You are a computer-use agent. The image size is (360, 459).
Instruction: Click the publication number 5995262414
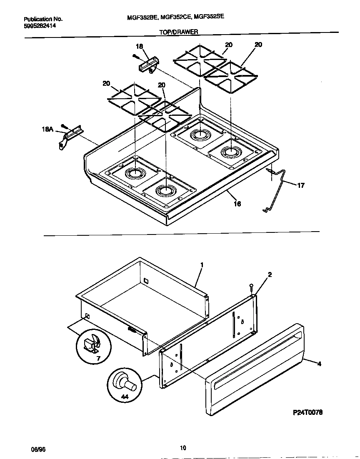pyautogui.click(x=40, y=25)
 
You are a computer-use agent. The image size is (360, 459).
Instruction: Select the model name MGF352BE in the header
pyautogui.click(x=142, y=18)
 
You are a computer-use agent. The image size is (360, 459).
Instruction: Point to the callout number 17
pyautogui.click(x=300, y=185)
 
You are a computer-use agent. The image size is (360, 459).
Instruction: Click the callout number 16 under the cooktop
pyautogui.click(x=237, y=204)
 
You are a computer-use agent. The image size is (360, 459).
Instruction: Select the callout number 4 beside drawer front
pyautogui.click(x=319, y=364)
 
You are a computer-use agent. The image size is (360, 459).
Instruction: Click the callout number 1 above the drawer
pyautogui.click(x=202, y=264)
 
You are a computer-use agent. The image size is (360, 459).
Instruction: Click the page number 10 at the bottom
pyautogui.click(x=183, y=448)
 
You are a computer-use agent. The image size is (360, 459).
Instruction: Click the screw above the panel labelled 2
pyautogui.click(x=252, y=287)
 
